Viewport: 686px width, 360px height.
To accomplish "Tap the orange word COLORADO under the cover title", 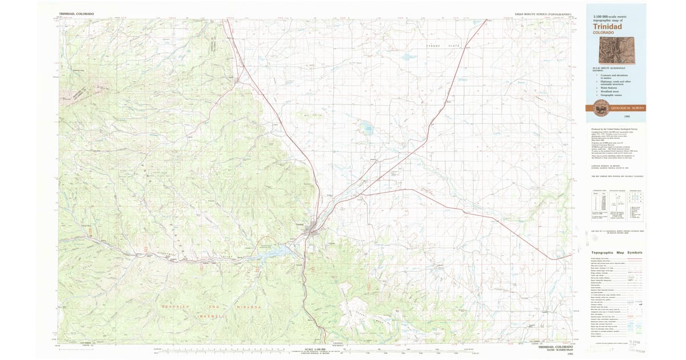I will pos(604,33).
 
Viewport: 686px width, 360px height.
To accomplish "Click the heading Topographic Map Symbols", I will pos(616,253).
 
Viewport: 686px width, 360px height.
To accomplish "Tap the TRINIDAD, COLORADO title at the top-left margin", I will pos(77,13).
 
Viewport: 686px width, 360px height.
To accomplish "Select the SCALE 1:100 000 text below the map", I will pos(315,349).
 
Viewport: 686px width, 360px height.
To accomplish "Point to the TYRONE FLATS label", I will pos(444,45).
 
